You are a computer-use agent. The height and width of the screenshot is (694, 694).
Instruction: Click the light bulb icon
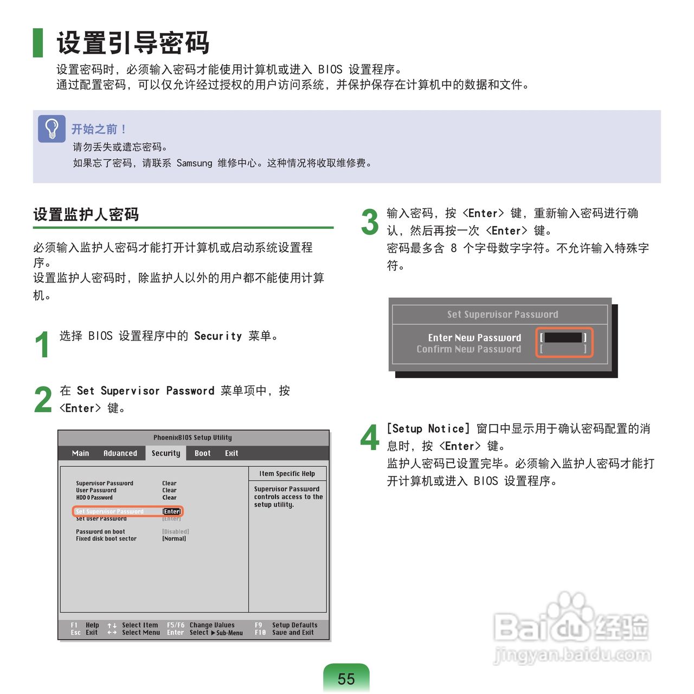tap(52, 128)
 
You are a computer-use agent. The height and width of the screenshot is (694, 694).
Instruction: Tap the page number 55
tap(346, 678)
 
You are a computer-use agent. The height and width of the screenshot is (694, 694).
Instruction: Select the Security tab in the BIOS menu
tap(166, 453)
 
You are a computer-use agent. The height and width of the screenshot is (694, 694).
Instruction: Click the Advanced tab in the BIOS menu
tap(120, 453)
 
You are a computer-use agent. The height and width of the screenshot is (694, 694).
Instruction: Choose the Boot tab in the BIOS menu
tap(202, 453)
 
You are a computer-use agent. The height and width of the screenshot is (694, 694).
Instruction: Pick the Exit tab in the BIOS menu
tap(232, 453)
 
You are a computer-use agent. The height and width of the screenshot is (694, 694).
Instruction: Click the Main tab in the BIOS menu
tap(80, 453)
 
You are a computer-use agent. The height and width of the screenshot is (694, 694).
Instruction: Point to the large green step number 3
tap(370, 222)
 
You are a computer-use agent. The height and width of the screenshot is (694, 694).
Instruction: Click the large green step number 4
tap(370, 437)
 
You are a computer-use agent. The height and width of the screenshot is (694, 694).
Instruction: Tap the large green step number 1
tap(42, 344)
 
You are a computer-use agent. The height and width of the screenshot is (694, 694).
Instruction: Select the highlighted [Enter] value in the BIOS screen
tap(172, 511)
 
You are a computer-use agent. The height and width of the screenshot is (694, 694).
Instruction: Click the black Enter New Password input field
tap(563, 337)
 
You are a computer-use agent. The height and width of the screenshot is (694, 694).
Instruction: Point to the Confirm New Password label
tap(468, 349)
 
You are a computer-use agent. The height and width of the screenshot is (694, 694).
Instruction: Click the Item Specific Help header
tap(287, 473)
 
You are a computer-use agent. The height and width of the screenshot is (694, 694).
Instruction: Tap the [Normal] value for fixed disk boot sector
tap(174, 538)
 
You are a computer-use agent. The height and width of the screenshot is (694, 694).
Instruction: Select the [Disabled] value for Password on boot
tap(175, 531)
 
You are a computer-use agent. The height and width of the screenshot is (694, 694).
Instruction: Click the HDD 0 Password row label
tap(94, 497)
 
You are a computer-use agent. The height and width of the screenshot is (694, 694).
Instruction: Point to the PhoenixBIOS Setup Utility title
tap(192, 438)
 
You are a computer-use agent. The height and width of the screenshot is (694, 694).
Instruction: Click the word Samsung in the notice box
tap(195, 163)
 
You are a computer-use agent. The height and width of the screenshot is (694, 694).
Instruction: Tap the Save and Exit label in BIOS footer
tap(293, 632)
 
